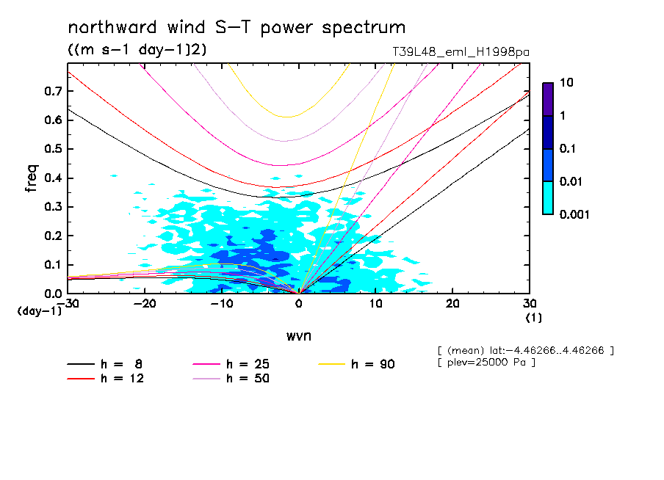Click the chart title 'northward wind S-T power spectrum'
click(236, 28)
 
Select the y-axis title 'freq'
click(32, 178)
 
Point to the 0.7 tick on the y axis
click(53, 91)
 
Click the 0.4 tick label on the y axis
click(53, 178)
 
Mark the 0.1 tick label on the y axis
click(53, 265)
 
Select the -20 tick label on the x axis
click(144, 304)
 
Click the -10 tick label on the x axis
click(220, 304)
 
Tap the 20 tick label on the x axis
click(452, 304)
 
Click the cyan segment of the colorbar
click(547, 197)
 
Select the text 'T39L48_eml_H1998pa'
click(461, 52)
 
